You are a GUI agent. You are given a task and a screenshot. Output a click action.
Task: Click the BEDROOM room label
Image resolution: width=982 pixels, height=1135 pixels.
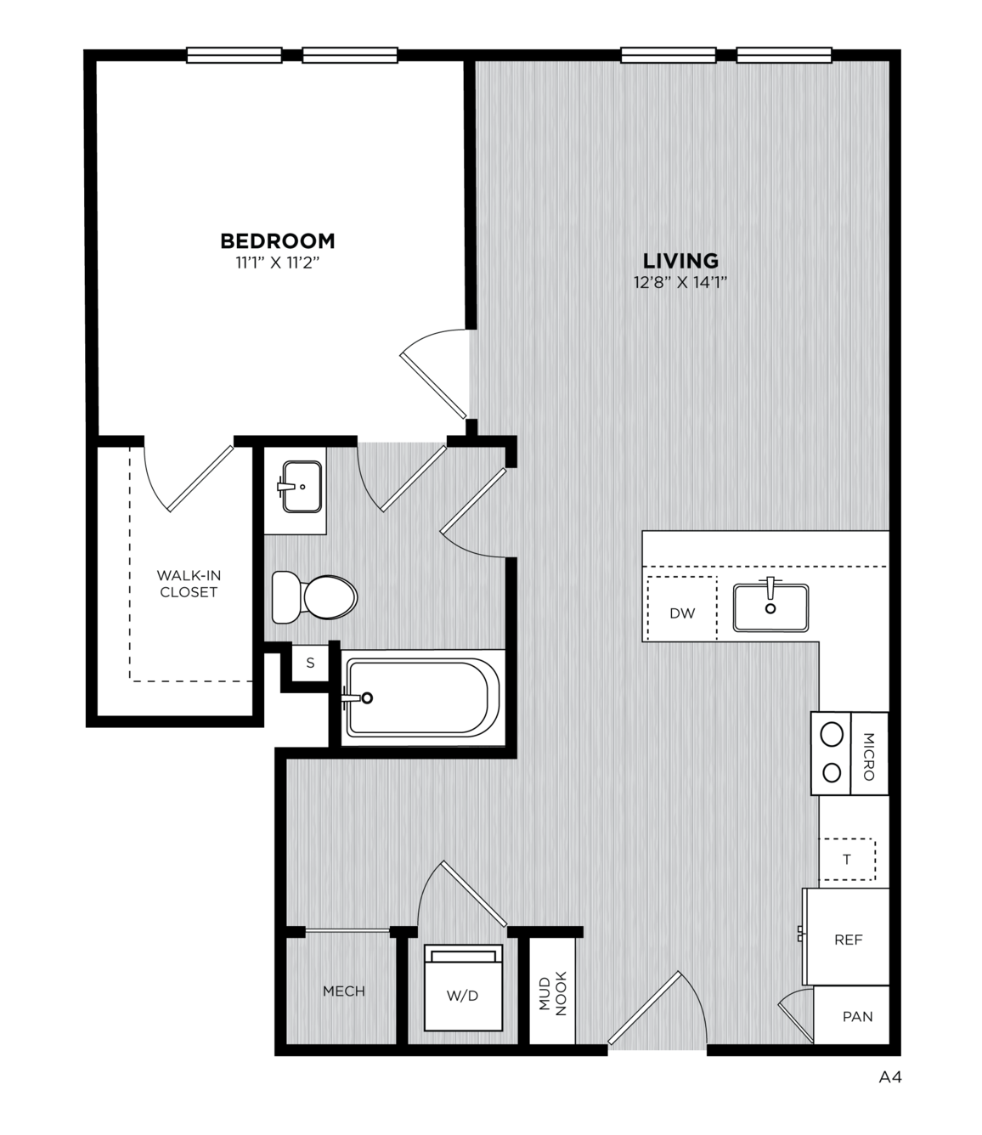coord(277,240)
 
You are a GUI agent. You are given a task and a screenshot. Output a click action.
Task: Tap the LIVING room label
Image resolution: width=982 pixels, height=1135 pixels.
coord(680,260)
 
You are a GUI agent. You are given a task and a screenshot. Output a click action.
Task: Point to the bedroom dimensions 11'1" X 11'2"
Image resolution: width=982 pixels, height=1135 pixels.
coord(277,263)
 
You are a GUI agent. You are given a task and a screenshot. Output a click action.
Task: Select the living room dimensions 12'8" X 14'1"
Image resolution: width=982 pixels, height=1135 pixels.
coord(680,283)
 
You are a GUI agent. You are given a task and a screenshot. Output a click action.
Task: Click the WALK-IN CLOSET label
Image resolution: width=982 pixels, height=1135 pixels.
coord(189,584)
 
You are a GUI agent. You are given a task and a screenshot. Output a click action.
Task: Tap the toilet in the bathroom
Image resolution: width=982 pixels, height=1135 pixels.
coord(314,597)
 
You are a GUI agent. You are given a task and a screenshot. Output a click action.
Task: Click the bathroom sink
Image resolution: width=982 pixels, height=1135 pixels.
coord(302,487)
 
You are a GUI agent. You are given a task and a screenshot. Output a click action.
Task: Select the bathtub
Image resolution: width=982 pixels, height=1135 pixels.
coord(421,697)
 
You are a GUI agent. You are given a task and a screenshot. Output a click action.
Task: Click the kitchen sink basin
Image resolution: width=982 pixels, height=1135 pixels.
coord(770,607)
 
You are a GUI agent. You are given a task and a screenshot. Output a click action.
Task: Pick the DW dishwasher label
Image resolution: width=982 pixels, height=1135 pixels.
coord(682,613)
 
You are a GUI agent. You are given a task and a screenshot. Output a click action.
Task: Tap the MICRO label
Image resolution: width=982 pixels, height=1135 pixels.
coord(868,756)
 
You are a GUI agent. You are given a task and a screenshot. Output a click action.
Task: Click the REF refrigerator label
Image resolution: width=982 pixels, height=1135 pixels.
coord(848,940)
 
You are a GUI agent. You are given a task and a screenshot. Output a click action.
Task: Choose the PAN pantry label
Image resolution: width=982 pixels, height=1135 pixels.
coord(857,1016)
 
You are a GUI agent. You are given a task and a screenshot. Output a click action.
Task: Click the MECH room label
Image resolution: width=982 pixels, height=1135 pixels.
coord(344,991)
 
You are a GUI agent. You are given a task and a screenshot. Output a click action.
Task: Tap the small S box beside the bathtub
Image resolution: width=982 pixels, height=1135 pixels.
coord(310,663)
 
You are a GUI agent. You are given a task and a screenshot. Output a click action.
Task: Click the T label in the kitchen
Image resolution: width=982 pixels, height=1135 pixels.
coord(846,860)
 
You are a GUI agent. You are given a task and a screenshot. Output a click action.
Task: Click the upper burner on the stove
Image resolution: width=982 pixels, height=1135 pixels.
coord(832,735)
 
